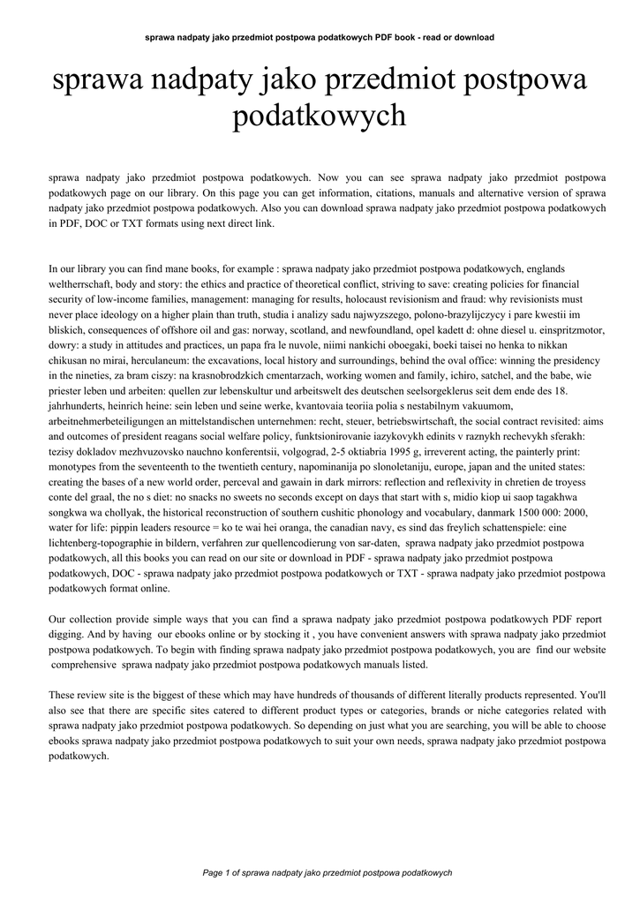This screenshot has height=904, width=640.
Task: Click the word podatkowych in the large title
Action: coord(319,116)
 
